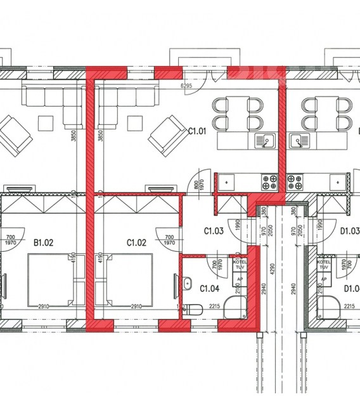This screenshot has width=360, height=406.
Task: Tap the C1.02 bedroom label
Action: point(137,242)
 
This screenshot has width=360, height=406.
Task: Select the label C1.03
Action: point(213,232)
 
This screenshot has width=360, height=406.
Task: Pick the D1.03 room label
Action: point(350,232)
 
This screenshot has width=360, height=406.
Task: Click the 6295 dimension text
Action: point(186,85)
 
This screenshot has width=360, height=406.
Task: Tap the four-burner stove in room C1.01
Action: point(270,183)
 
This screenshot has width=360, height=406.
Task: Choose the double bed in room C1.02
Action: point(128,279)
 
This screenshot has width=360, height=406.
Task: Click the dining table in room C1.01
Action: point(238,114)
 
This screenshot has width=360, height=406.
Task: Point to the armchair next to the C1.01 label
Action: point(167,136)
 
